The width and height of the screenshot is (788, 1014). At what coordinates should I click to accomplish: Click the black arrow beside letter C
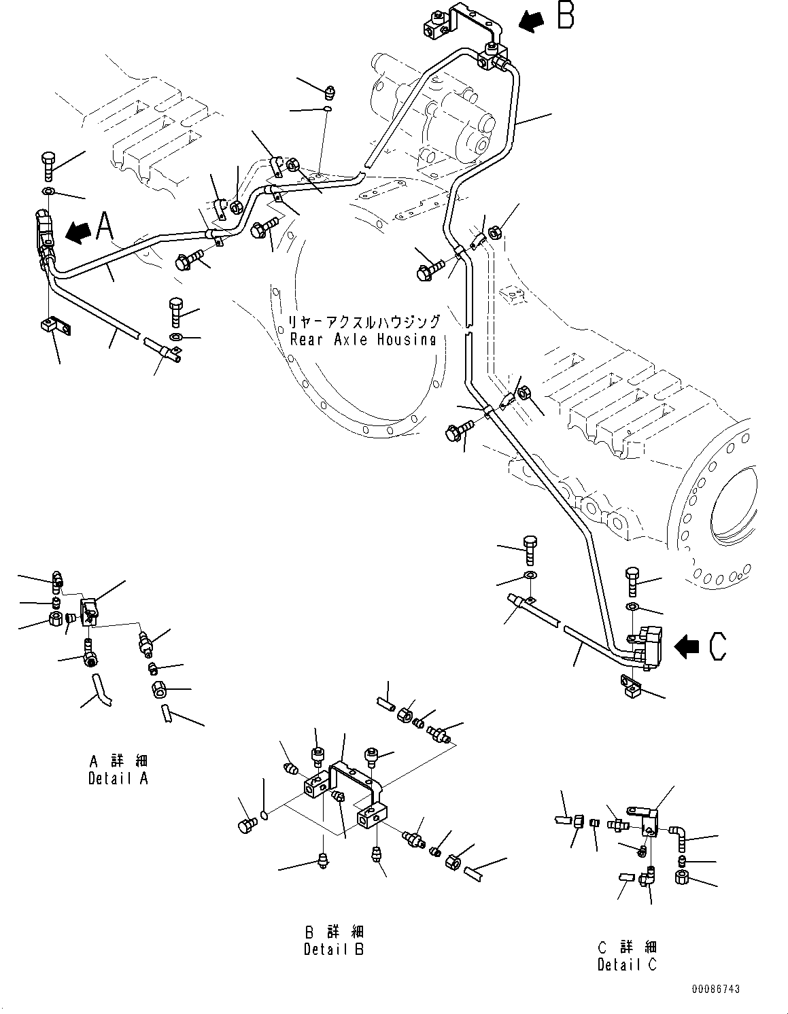pyautogui.click(x=689, y=647)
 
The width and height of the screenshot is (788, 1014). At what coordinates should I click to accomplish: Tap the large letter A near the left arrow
pyautogui.click(x=105, y=226)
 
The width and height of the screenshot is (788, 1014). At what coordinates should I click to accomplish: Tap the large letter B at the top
pyautogui.click(x=565, y=16)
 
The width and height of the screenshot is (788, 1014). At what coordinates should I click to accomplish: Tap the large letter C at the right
pyautogui.click(x=717, y=646)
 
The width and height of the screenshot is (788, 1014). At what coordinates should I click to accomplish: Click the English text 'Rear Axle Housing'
pyautogui.click(x=363, y=340)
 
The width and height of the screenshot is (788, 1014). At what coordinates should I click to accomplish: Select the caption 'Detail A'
pyautogui.click(x=118, y=779)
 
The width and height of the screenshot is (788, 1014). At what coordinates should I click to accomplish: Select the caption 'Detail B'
pyautogui.click(x=334, y=949)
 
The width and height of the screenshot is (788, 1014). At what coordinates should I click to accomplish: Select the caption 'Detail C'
pyautogui.click(x=627, y=964)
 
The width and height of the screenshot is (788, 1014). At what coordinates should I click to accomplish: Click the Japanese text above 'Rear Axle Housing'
pyautogui.click(x=363, y=321)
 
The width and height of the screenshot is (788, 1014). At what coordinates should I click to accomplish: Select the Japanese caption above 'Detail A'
pyautogui.click(x=118, y=760)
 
